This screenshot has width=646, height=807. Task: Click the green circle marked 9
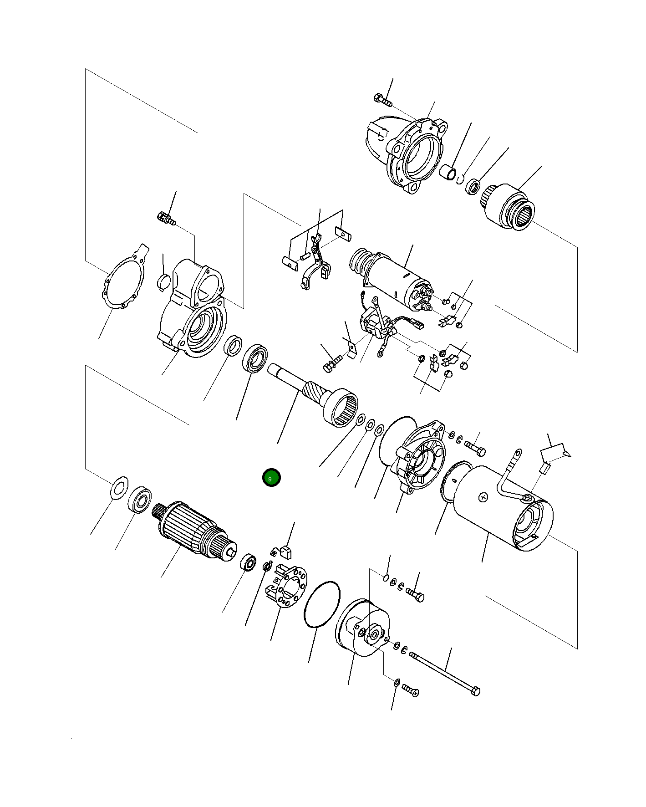coord(271,478)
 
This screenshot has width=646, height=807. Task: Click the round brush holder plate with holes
coord(288,586)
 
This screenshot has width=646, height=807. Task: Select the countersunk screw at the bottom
coord(410,692)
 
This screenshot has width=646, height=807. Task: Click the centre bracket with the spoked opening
coord(421,458)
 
